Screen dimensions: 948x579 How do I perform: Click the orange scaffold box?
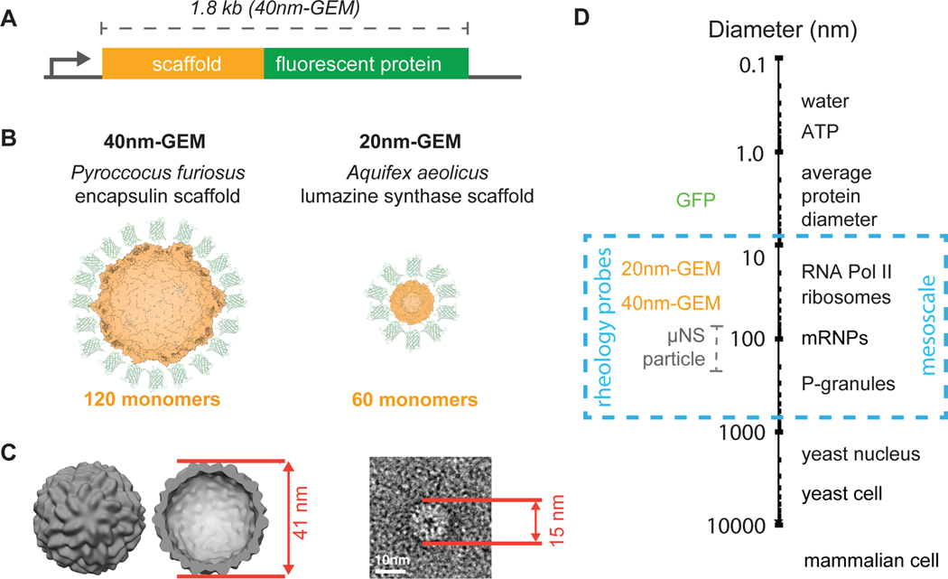(182, 65)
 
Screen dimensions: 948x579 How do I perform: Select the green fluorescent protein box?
(366, 65)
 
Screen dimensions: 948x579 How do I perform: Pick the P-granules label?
(849, 384)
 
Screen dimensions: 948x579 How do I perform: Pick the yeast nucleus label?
(860, 453)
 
